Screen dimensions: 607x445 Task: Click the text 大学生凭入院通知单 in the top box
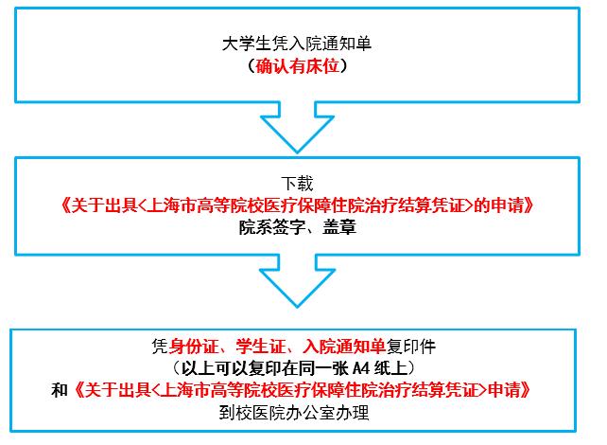(297, 44)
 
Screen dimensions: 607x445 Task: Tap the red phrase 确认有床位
(297, 66)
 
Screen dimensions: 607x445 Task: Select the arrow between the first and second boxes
(297, 127)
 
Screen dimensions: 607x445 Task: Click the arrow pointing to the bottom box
(297, 280)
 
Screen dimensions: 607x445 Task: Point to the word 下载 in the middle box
(297, 184)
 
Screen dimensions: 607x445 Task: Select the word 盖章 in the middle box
(339, 227)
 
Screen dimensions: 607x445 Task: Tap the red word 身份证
(194, 347)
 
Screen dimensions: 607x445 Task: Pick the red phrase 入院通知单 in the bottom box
(344, 347)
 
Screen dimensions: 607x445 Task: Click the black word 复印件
(411, 347)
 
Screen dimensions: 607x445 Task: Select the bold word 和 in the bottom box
(60, 390)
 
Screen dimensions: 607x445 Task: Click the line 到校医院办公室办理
(294, 413)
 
